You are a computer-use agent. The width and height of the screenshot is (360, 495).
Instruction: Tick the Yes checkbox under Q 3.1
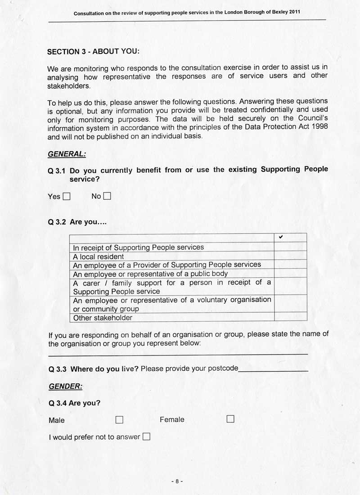(67, 196)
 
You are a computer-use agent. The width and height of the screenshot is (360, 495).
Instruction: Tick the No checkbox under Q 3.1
(107, 196)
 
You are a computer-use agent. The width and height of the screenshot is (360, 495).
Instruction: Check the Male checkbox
(119, 419)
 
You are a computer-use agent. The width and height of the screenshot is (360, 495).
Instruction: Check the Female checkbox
(230, 419)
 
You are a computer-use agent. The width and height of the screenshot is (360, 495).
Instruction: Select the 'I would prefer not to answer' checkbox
(146, 436)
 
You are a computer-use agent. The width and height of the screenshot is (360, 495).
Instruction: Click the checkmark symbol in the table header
(281, 237)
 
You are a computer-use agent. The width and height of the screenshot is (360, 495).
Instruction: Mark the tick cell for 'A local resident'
(290, 256)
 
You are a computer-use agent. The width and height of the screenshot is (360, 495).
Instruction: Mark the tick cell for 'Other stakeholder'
(290, 317)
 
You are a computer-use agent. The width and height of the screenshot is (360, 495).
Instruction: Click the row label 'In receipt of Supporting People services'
(138, 247)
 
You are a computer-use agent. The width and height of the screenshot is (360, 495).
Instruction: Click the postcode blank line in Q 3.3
(273, 369)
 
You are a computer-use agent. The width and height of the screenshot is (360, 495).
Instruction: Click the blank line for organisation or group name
(178, 354)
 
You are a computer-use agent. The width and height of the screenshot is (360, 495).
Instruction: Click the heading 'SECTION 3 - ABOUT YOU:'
(93, 51)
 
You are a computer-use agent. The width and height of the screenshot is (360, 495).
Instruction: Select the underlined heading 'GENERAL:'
(67, 154)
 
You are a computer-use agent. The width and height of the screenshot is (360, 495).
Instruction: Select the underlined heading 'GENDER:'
(66, 386)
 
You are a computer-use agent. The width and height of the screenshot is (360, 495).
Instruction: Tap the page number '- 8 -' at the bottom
(177, 481)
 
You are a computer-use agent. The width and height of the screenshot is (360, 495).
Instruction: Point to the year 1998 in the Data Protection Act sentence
(319, 126)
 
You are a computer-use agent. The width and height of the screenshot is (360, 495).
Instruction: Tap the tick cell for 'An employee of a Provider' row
(290, 265)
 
